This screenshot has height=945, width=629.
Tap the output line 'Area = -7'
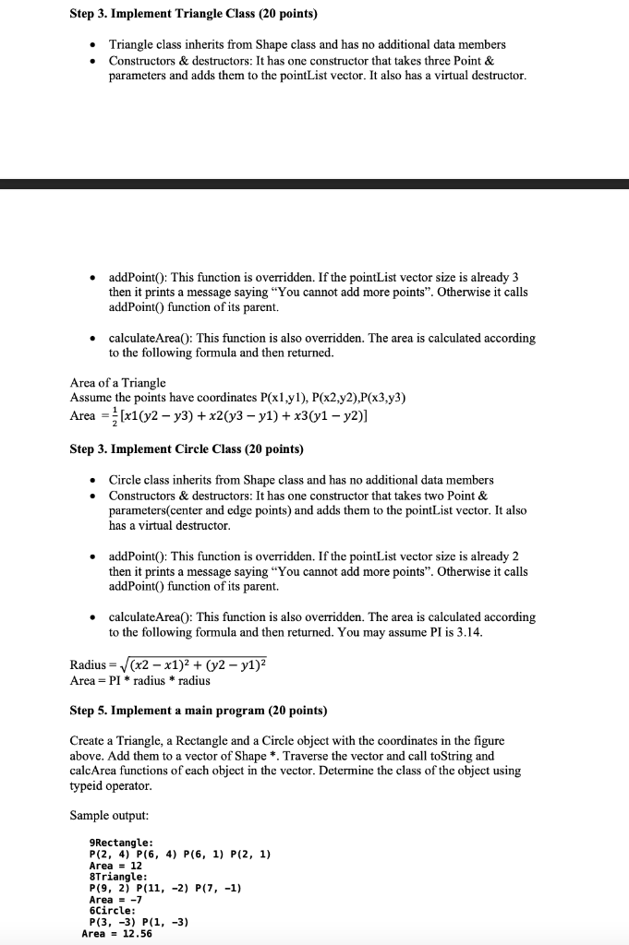click(114, 900)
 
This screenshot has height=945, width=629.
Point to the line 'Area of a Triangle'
click(118, 383)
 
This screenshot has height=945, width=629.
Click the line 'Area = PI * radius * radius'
click(140, 680)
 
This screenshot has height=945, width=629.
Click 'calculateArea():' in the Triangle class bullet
click(153, 339)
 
